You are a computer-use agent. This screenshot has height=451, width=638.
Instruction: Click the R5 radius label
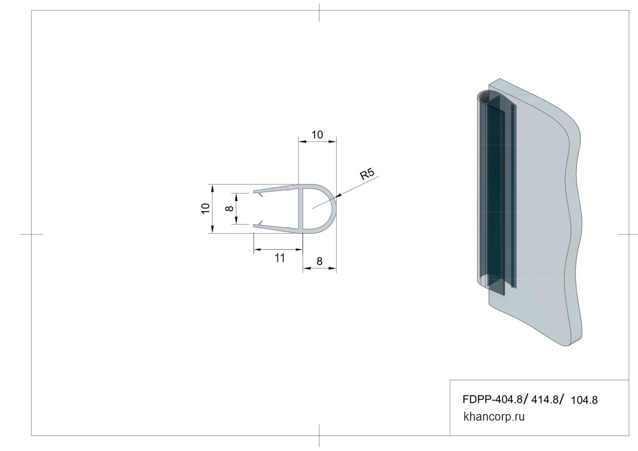point(367,174)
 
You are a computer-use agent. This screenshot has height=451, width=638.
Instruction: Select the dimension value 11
point(280,258)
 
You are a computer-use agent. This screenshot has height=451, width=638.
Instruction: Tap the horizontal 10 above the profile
point(317,134)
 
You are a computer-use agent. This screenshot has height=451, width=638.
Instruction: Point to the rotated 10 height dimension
point(205,208)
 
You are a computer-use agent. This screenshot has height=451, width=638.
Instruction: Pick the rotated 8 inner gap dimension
point(229,208)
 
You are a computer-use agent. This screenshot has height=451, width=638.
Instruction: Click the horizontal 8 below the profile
point(319,261)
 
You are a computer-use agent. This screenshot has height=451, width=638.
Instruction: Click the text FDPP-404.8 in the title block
point(493,399)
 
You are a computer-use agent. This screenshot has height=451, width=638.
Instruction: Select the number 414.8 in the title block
point(545,399)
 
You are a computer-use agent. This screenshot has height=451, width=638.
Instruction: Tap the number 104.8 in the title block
point(584,400)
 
